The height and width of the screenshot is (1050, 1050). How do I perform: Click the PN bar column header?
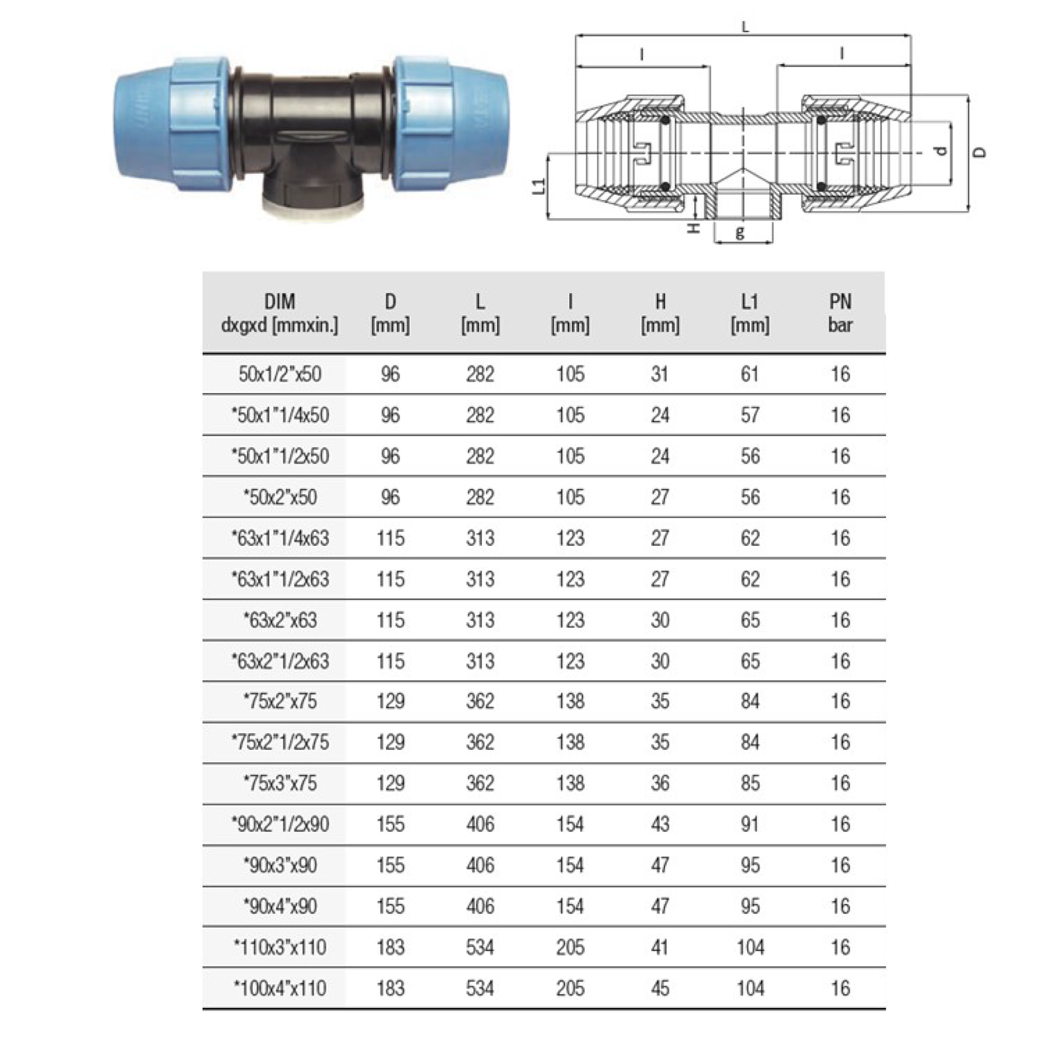coord(840,313)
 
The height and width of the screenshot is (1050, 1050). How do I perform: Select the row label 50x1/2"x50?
coord(280,374)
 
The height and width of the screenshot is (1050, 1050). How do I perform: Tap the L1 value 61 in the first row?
coord(749,374)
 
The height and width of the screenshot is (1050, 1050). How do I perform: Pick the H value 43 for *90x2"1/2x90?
coord(660,824)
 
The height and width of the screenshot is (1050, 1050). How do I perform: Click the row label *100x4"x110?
coord(280,988)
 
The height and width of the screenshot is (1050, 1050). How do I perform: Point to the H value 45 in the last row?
coord(660,988)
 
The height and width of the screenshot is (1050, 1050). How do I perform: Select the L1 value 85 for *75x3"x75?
coord(749,783)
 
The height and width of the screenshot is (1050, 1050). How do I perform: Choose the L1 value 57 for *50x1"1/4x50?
coord(749,415)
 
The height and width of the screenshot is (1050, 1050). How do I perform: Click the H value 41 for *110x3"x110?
coord(660,948)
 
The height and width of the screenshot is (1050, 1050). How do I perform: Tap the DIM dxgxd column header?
coord(280,313)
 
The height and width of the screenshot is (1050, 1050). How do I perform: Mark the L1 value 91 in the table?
coord(749,824)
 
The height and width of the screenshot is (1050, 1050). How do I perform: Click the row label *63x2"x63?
coord(280,621)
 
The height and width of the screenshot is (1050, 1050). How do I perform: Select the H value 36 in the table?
coord(660,783)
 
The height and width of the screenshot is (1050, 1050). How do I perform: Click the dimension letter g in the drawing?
coord(740,233)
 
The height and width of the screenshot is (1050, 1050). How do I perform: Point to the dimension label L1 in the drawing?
coord(538,186)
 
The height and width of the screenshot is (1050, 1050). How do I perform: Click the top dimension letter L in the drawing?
coord(745,28)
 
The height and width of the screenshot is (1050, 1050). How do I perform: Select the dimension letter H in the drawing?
coord(694,228)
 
